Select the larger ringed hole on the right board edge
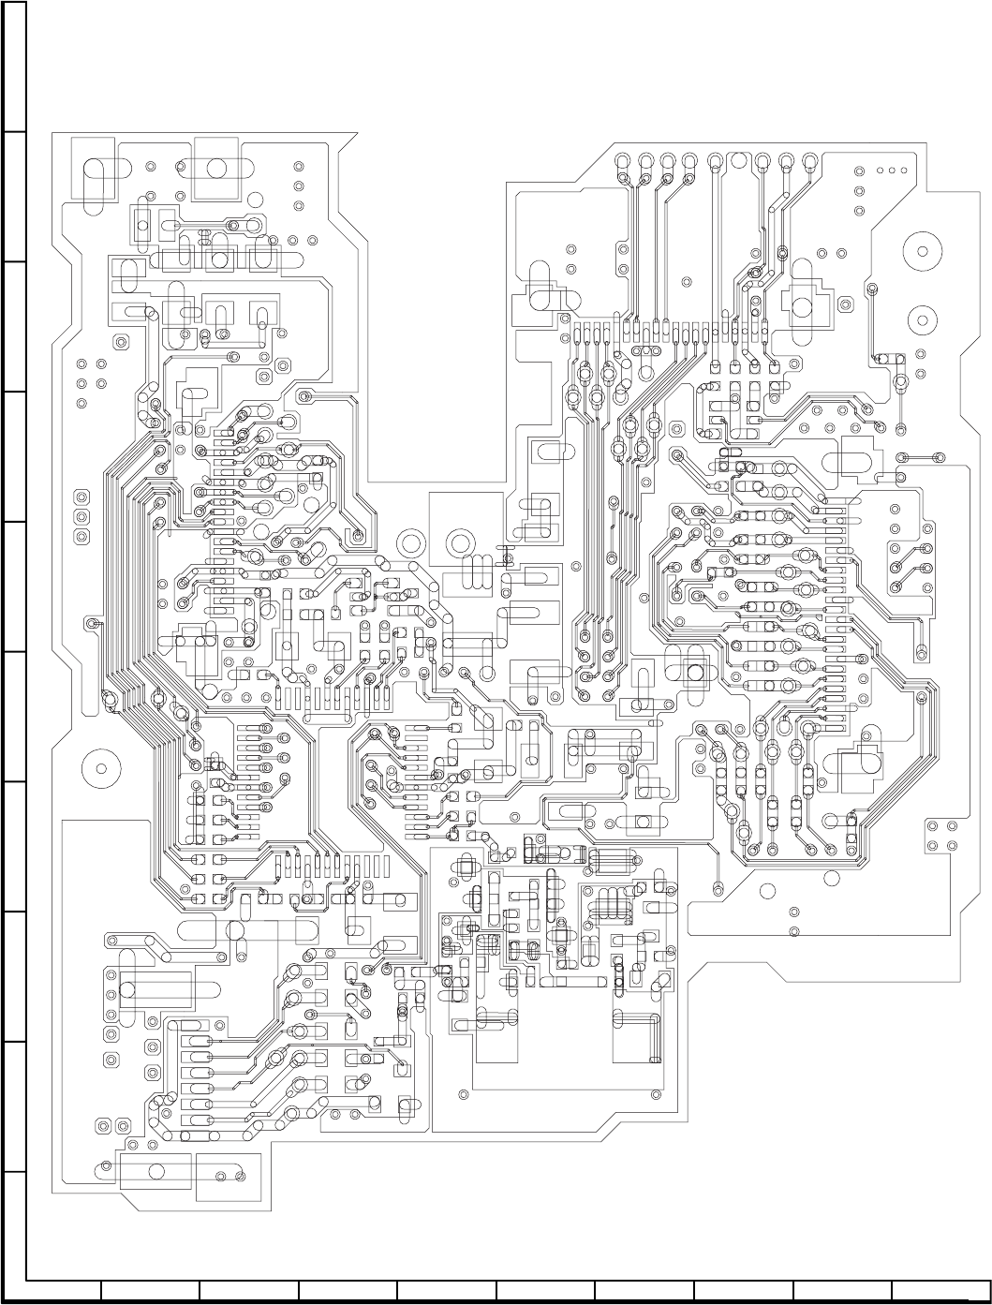922,252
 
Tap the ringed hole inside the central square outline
460,542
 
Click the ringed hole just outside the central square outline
410,541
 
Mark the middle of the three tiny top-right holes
891,171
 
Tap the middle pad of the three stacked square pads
81,516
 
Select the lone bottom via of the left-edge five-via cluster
81,404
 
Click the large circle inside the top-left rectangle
217,169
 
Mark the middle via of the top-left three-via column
298,186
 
